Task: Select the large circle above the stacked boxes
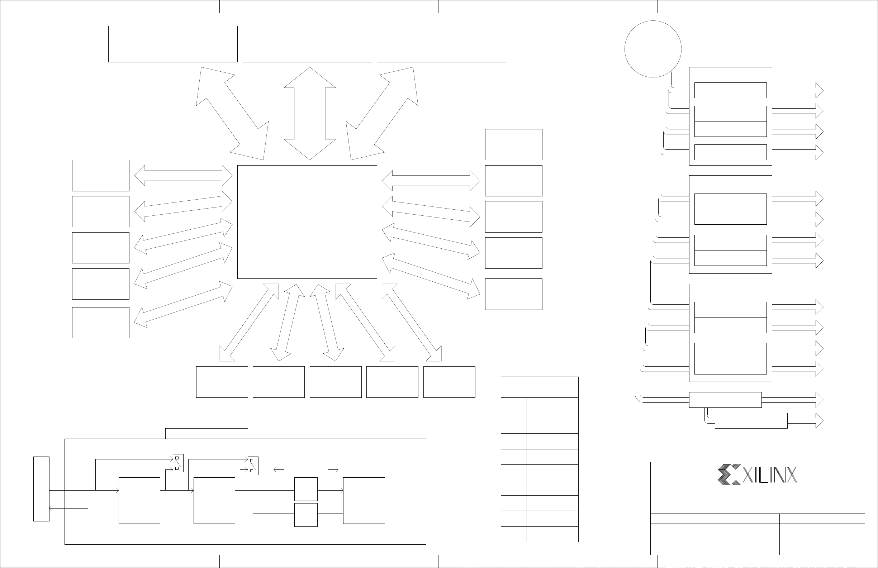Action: pyautogui.click(x=653, y=49)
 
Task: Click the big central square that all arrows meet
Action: pyautogui.click(x=307, y=222)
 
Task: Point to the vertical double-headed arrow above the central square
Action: pyautogui.click(x=309, y=114)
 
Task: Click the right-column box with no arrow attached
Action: pyautogui.click(x=513, y=144)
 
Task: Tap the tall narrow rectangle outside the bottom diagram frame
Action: pyautogui.click(x=41, y=489)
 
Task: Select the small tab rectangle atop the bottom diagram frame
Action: pyautogui.click(x=207, y=433)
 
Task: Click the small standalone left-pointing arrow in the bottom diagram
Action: pyautogui.click(x=279, y=470)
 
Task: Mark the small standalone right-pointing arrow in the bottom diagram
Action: pyautogui.click(x=333, y=470)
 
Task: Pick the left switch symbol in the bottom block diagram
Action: pyautogui.click(x=178, y=463)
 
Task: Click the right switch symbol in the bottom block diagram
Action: pyautogui.click(x=253, y=466)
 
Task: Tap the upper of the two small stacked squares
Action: pyautogui.click(x=306, y=489)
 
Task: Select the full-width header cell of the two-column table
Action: pyautogui.click(x=540, y=387)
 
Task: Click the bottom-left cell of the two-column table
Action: pyautogui.click(x=514, y=534)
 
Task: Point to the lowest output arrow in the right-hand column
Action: pyautogui.click(x=805, y=420)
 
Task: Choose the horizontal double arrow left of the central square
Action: pyautogui.click(x=183, y=176)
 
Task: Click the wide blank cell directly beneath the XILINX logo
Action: pyautogui.click(x=758, y=501)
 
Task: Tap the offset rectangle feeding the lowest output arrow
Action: pyautogui.click(x=751, y=420)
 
